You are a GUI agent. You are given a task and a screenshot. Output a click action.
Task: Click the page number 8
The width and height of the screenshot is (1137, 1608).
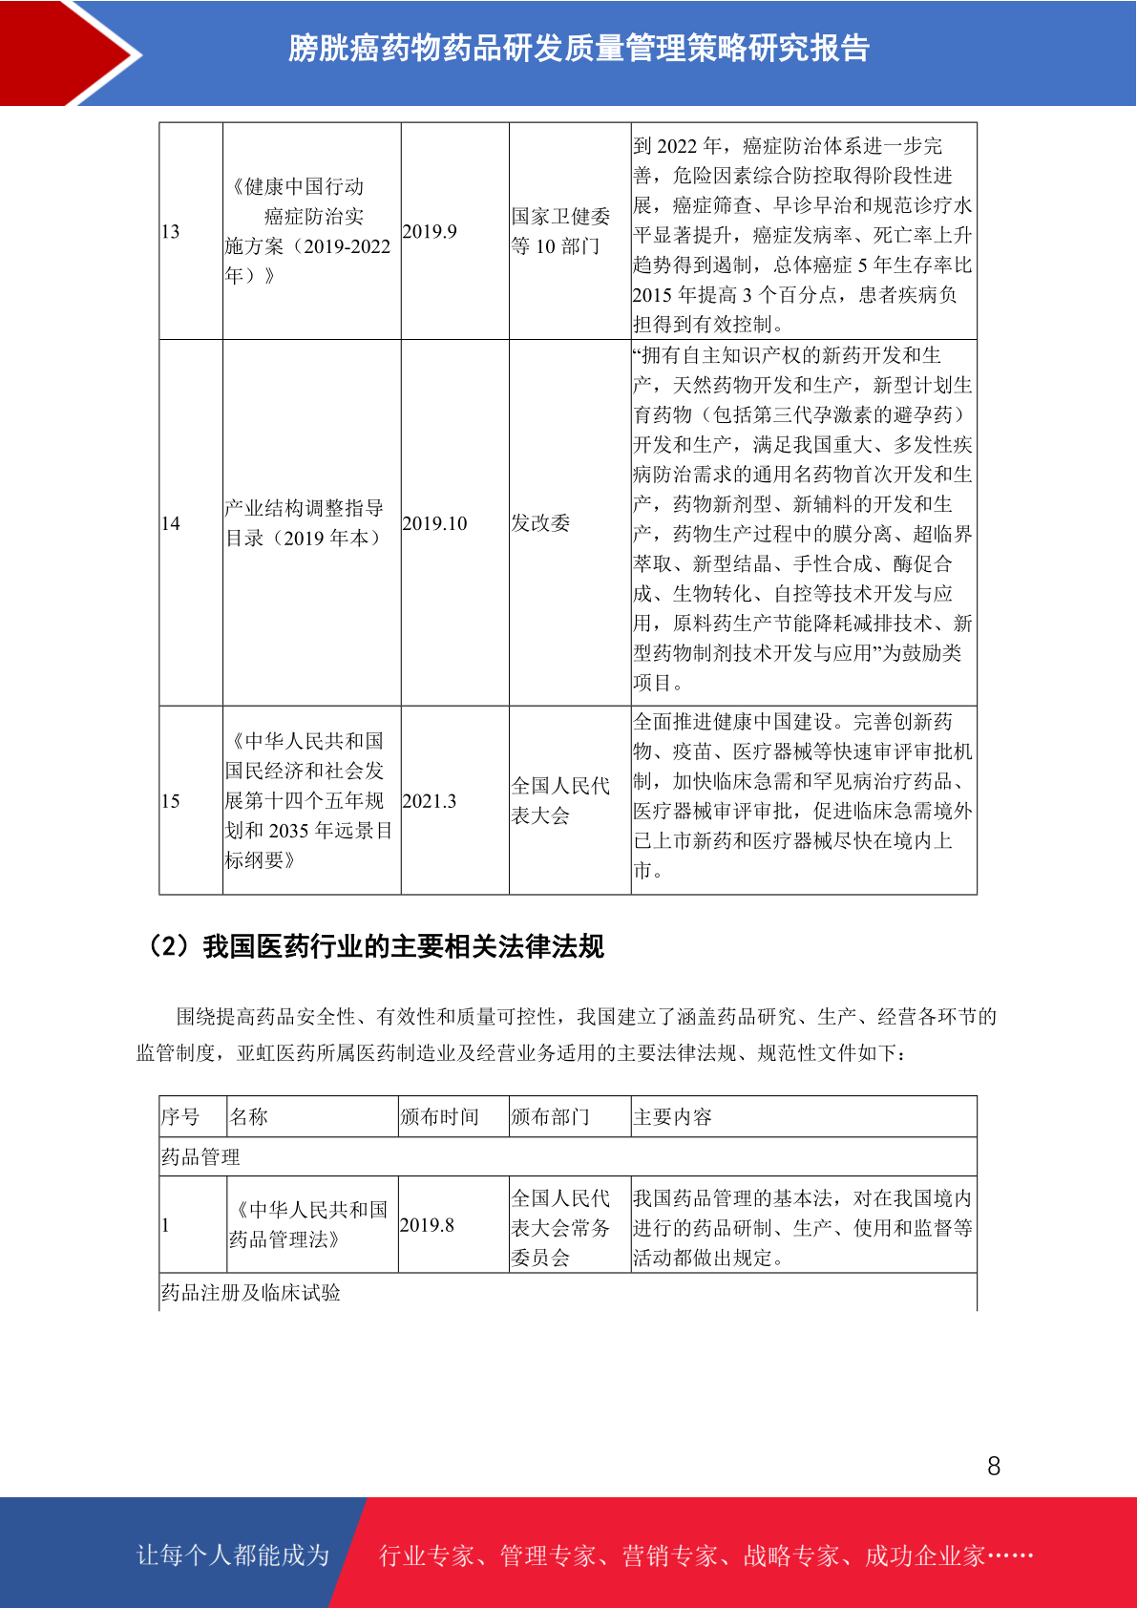[x=994, y=1467]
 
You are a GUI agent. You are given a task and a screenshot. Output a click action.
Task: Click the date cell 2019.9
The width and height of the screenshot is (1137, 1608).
[x=430, y=232]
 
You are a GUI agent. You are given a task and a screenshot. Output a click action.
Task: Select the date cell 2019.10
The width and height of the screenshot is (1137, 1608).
[x=435, y=523]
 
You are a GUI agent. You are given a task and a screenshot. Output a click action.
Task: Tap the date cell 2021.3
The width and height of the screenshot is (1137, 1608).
[x=430, y=801]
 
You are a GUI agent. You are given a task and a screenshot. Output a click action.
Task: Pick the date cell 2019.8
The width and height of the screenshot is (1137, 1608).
[x=427, y=1225]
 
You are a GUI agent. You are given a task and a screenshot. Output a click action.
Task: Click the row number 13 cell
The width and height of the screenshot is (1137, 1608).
[x=171, y=232]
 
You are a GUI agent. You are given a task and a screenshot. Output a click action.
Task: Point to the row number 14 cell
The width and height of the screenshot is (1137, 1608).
[x=171, y=523]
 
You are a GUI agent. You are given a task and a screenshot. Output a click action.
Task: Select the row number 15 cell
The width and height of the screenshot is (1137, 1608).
[x=171, y=801]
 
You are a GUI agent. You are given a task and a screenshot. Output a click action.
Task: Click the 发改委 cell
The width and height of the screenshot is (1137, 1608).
[x=540, y=523]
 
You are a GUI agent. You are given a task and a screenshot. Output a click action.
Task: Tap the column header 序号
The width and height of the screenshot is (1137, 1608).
[x=180, y=1117]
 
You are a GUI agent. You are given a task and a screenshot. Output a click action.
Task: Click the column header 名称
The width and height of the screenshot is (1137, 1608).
[x=249, y=1117]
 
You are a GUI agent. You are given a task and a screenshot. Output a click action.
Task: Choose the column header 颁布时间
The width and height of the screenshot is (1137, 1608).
[x=439, y=1117]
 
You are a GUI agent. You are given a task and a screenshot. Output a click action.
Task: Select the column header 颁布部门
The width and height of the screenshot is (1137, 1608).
[x=550, y=1117]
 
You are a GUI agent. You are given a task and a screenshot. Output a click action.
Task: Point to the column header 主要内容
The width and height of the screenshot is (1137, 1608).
[x=672, y=1117]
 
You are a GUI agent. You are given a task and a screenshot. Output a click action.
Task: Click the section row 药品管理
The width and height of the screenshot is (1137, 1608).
[x=200, y=1157]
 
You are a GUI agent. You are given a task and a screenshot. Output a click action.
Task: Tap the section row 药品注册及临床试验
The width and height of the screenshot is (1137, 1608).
[x=251, y=1293]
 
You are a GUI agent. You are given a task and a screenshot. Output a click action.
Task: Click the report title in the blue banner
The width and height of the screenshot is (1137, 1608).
[x=579, y=49]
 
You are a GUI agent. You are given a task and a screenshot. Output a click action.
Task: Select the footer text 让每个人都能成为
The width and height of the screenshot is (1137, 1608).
[x=233, y=1555]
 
